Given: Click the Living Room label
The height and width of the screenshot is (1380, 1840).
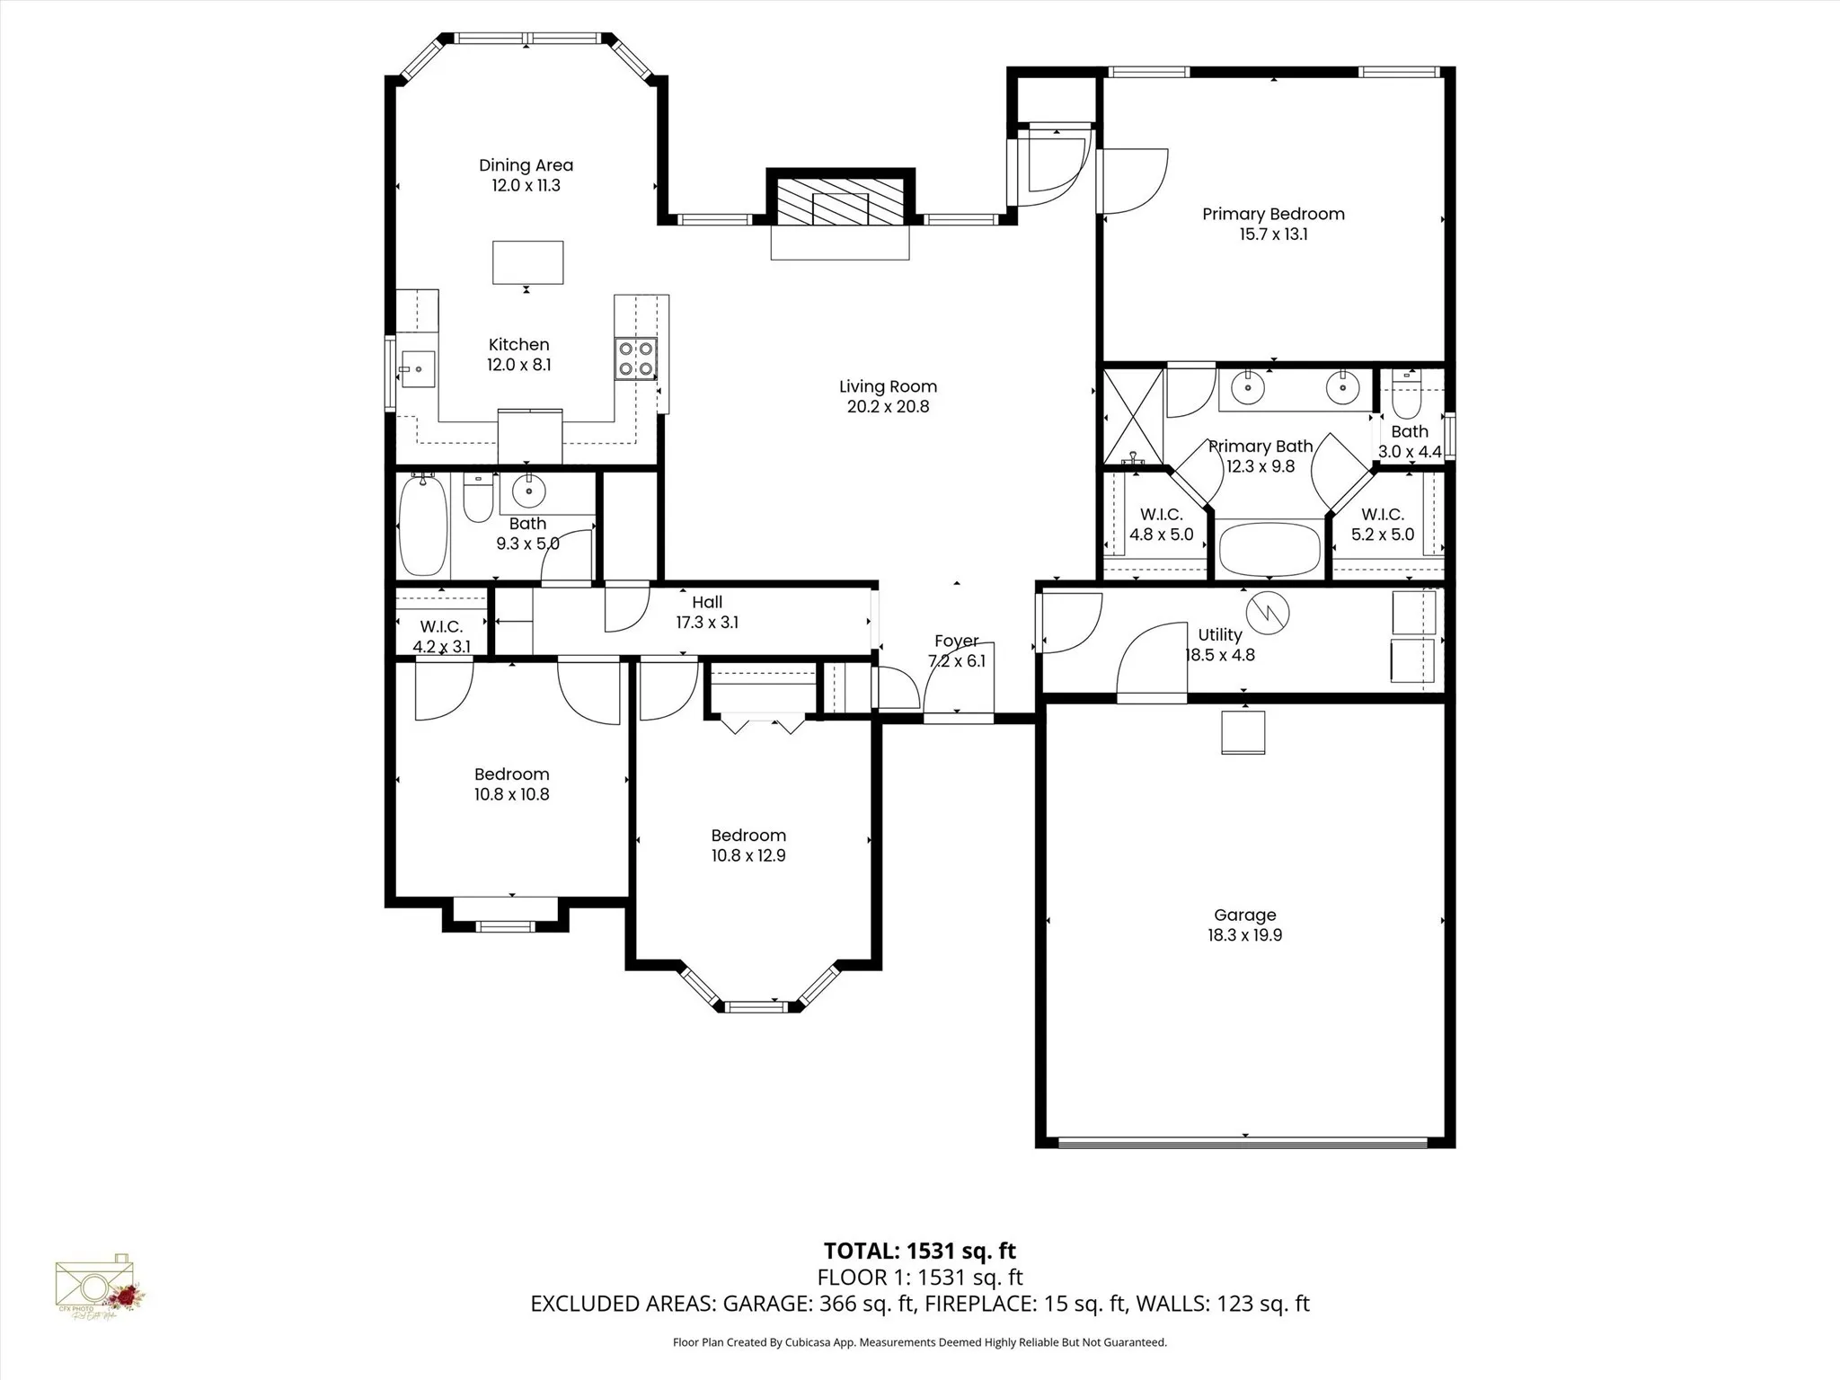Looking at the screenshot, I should click(888, 387).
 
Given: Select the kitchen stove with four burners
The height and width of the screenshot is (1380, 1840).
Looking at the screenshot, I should click(635, 358).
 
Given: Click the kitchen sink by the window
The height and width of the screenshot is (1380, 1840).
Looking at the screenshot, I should click(417, 369).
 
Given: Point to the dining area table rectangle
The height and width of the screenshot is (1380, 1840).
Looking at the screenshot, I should click(527, 262).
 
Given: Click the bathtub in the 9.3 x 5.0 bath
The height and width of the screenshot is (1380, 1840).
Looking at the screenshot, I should click(422, 526).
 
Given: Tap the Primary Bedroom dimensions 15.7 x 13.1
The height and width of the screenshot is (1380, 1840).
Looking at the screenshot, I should click(1273, 234).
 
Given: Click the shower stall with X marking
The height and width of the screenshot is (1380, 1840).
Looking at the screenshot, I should click(1133, 415).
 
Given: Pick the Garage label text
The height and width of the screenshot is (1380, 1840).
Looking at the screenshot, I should click(1244, 916).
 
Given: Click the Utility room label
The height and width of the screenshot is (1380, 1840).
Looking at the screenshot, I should click(1219, 635).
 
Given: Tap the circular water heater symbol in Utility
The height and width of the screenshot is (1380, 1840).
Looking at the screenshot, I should click(1267, 613).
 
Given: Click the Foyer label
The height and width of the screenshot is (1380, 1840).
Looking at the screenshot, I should click(956, 641).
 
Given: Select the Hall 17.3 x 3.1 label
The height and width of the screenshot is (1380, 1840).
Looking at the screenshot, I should click(707, 612).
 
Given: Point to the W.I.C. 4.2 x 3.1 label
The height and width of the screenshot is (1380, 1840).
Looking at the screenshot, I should click(441, 636).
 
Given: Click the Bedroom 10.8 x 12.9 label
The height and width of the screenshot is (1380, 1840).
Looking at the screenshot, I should click(748, 845).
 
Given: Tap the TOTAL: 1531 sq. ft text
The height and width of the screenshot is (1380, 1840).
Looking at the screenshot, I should click(919, 1251).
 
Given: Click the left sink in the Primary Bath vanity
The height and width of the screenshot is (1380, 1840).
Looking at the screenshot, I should click(1247, 388).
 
